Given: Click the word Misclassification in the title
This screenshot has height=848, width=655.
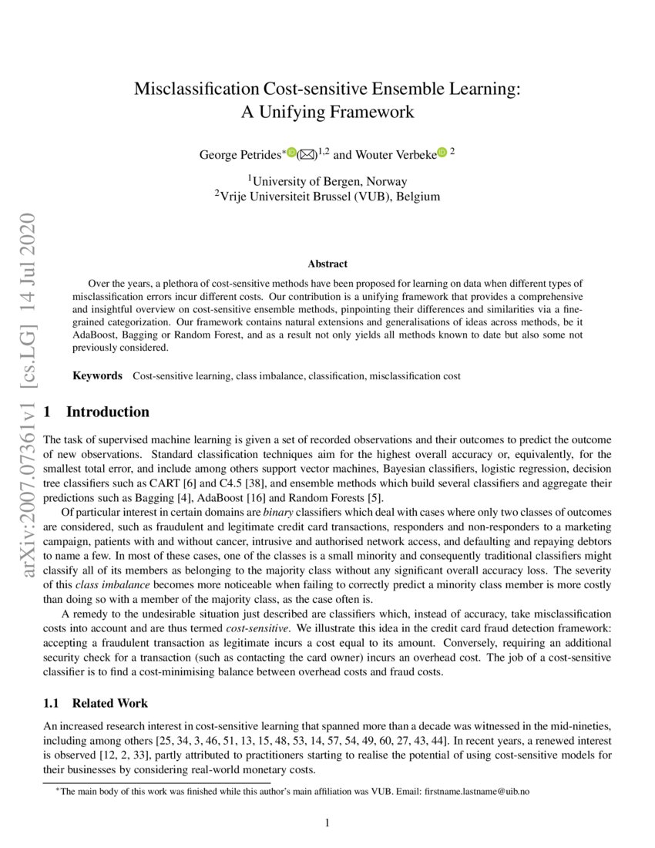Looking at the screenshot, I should click(196, 88).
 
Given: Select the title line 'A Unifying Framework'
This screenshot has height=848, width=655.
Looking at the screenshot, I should click(327, 112).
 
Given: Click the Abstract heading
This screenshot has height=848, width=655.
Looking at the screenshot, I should click(327, 264).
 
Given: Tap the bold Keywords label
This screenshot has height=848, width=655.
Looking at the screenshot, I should click(97, 375).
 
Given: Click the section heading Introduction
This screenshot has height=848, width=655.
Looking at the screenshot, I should click(108, 412).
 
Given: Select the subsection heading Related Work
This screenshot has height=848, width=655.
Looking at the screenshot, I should click(109, 703).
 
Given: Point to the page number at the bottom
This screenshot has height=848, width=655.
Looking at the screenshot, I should click(327, 823).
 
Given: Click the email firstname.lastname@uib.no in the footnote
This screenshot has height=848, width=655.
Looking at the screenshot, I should click(484, 792).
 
